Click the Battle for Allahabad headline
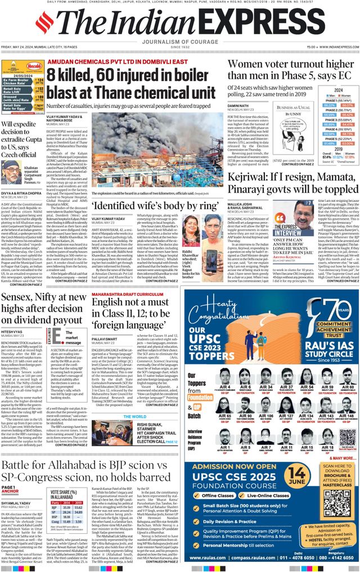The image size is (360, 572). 90,471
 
